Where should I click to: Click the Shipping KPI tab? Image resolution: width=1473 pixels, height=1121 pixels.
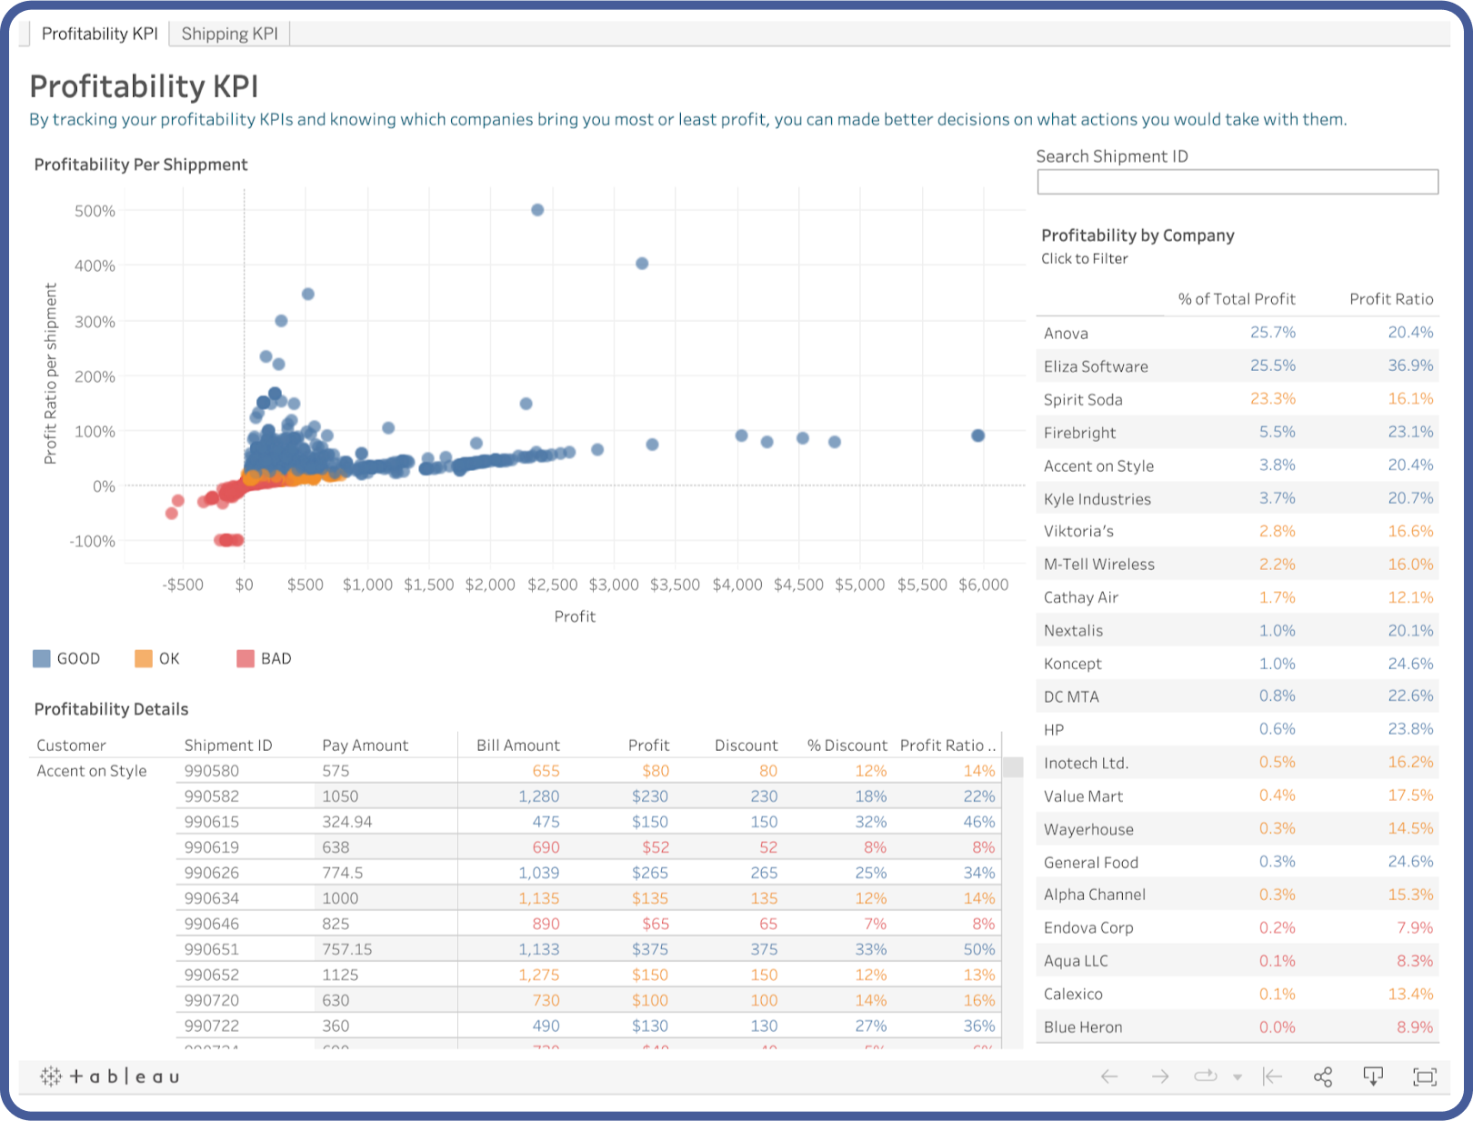click(229, 34)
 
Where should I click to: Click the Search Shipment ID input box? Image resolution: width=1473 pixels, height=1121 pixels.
click(1237, 182)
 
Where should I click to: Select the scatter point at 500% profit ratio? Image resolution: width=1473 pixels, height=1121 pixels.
click(537, 210)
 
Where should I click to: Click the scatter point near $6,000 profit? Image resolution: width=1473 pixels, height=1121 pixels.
click(977, 435)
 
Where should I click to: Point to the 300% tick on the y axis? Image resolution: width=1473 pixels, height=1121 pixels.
click(95, 322)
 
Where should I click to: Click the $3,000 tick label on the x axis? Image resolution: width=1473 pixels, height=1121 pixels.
click(614, 585)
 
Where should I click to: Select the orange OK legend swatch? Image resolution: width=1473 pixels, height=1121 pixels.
click(144, 659)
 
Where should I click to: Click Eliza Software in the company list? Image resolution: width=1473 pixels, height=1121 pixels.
click(1096, 366)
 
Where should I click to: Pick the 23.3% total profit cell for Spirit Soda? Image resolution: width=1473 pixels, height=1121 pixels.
click(1272, 399)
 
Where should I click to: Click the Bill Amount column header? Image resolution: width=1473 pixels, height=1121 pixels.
click(517, 746)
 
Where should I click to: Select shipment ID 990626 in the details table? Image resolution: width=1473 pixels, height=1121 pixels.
click(211, 873)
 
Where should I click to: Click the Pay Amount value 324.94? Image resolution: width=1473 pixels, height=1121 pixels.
click(347, 822)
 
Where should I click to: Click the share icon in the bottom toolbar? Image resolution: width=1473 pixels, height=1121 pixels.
click(1323, 1076)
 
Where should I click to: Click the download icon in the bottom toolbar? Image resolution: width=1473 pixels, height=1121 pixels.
click(1373, 1076)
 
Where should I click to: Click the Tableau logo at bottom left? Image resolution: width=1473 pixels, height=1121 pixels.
click(110, 1076)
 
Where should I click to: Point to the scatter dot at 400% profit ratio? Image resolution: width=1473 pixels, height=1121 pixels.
click(642, 264)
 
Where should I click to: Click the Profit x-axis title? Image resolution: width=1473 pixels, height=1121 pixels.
click(575, 616)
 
